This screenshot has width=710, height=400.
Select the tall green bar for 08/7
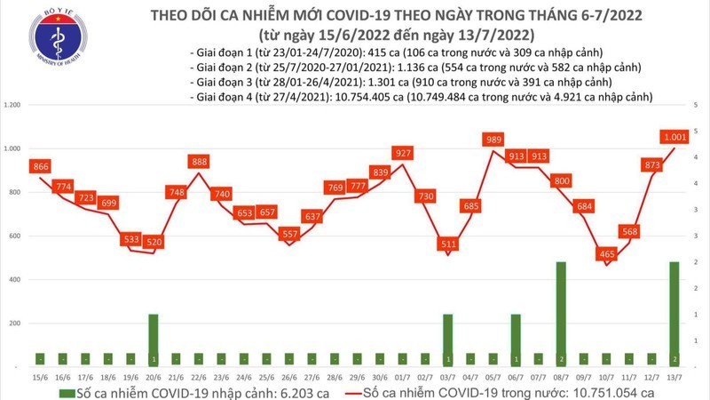click(562, 314)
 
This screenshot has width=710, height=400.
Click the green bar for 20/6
click(154, 340)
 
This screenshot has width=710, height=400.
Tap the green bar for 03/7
click(448, 340)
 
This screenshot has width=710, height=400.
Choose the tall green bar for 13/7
click(675, 314)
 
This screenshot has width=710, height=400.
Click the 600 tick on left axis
click(14, 236)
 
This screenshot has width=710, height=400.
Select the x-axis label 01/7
click(402, 376)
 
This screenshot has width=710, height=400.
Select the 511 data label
click(448, 243)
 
